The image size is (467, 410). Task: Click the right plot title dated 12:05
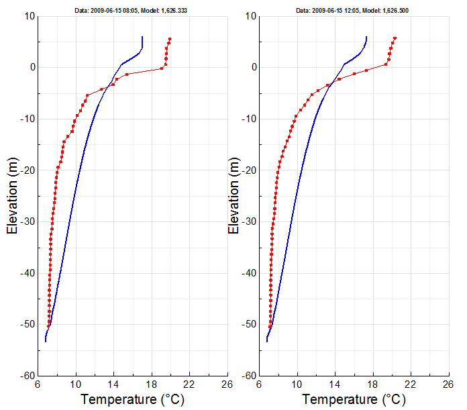(354, 11)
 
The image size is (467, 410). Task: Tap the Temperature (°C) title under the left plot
(132, 400)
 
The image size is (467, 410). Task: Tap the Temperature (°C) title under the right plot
(354, 400)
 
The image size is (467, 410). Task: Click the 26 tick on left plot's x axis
(227, 385)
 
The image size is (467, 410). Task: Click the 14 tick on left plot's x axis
(114, 385)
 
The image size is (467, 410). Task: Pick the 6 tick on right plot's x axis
(260, 385)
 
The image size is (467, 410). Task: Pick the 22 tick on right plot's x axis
(411, 385)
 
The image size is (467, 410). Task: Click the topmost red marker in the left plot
(170, 39)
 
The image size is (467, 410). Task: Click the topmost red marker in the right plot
(395, 38)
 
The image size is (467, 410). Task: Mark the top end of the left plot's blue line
(142, 37)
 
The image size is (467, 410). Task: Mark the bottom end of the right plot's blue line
(266, 342)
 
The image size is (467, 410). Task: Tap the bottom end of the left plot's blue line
(46, 342)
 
